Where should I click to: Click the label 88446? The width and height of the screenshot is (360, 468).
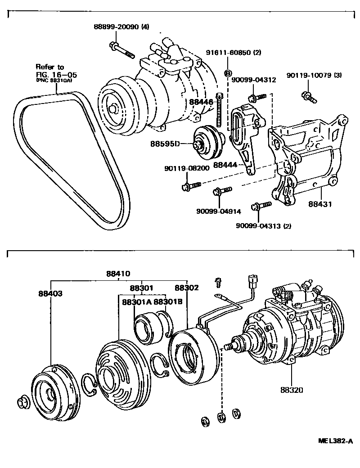pos(201,102)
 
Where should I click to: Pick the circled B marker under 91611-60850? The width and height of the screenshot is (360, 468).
pos(228,73)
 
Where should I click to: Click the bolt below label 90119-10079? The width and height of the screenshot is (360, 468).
pos(309,95)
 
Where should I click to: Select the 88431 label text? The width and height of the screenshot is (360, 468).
pos(319,203)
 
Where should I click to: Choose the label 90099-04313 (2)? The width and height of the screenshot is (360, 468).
pos(263,226)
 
